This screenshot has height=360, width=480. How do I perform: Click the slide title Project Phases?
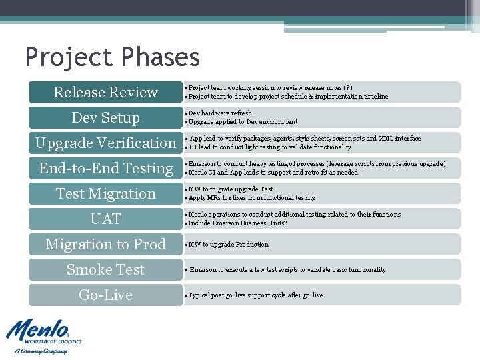pos(112,57)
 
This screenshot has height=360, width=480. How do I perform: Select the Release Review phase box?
pos(105,92)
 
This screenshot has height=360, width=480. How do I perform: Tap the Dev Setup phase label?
pos(105,117)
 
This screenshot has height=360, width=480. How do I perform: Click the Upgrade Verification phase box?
pos(105,143)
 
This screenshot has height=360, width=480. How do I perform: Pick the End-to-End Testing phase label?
pos(105,168)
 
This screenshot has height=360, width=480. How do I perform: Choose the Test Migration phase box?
pos(105,193)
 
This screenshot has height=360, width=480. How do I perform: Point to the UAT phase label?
pos(105,219)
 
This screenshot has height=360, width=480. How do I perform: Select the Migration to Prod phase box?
pos(105,244)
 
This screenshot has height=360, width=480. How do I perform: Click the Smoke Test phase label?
pos(105,269)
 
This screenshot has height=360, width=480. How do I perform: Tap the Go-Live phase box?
pos(105,295)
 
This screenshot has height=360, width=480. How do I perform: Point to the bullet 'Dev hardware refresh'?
pos(220,113)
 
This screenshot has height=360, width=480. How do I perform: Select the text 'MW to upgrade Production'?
pos(228,245)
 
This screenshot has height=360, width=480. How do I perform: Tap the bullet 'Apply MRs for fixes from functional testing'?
pos(252,198)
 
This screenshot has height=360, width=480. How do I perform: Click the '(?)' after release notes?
pos(347,88)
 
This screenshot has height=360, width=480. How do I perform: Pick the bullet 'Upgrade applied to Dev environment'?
pos(243,122)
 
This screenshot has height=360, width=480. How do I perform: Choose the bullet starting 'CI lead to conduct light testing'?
pos(270,147)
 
